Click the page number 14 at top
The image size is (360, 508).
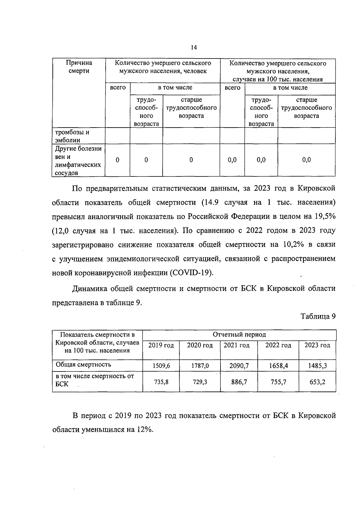point(193,48)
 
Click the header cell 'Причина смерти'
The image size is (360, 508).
point(79,67)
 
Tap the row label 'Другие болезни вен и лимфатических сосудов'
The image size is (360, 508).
point(78,161)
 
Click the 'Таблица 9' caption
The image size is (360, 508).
point(318,317)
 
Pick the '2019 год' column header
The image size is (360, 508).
point(161,345)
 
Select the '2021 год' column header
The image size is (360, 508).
point(237,345)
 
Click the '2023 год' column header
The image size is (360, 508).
point(317,345)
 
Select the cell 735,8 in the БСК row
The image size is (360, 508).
point(161,382)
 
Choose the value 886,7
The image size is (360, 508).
point(239,382)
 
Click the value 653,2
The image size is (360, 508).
point(317,382)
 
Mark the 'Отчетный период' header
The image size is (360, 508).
point(239,335)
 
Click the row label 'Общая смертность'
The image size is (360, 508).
point(83,365)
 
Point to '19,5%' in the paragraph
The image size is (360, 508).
point(325,217)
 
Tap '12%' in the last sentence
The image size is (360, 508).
point(145,429)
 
